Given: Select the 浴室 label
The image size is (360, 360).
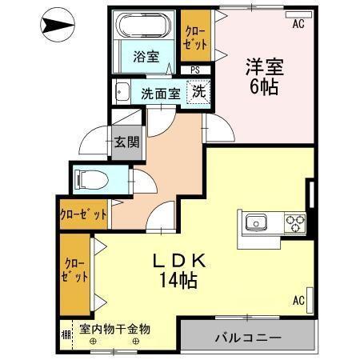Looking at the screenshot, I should tap(146, 57).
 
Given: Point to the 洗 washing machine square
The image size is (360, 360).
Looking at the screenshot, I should tap(198, 91).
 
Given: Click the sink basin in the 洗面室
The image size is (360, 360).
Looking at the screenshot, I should tap(123, 91).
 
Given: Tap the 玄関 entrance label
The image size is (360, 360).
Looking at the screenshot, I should tap(126, 144).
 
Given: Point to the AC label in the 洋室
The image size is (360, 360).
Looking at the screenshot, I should tap(298, 24).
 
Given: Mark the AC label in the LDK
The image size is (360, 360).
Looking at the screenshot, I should tap(298, 301).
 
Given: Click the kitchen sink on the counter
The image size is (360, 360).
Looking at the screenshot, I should tap(258, 222).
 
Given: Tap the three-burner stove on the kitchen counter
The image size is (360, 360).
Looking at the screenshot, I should tap(294, 222).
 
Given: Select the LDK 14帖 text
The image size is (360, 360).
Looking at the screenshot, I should tap(181, 270).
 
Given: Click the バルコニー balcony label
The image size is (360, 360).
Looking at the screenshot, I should tap(247, 338).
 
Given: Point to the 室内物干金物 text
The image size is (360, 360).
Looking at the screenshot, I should tap(114, 329).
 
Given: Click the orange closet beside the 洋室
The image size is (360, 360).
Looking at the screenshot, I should tap(195, 38).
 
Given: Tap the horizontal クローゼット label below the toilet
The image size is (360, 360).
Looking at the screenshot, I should tap(83, 214).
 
